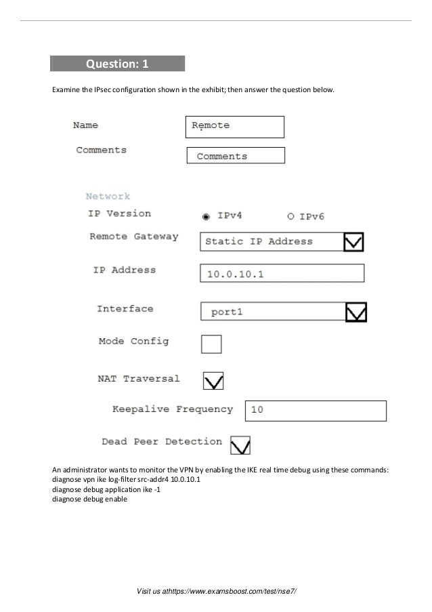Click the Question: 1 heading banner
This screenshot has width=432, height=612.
[117, 64]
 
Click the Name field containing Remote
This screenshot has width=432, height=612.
[234, 127]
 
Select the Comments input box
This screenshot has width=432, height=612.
[235, 156]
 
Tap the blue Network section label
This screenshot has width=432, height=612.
[108, 197]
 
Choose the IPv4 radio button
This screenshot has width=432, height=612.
[206, 216]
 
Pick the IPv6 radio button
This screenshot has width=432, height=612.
[290, 216]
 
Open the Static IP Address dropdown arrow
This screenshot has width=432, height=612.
[353, 241]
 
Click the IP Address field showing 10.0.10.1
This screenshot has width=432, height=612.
[282, 273]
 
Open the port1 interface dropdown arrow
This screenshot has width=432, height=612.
[355, 312]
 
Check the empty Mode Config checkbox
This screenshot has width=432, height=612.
[211, 344]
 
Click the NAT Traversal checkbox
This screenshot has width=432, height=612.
[213, 381]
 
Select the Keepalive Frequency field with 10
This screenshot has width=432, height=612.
[315, 411]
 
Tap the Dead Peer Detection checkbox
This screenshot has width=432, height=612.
[240, 445]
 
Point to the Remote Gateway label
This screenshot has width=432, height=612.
[134, 237]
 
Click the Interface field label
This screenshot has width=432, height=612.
[125, 308]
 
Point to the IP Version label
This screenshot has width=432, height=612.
[119, 213]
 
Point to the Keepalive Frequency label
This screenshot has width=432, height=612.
[172, 409]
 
